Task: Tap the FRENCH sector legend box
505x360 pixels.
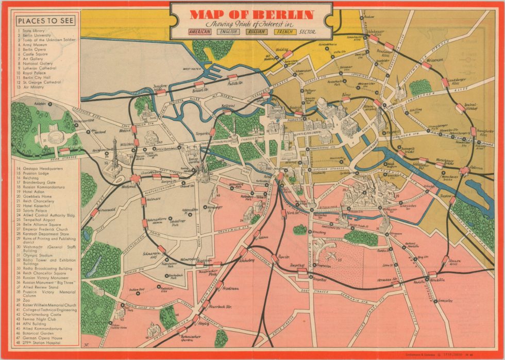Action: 285,31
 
